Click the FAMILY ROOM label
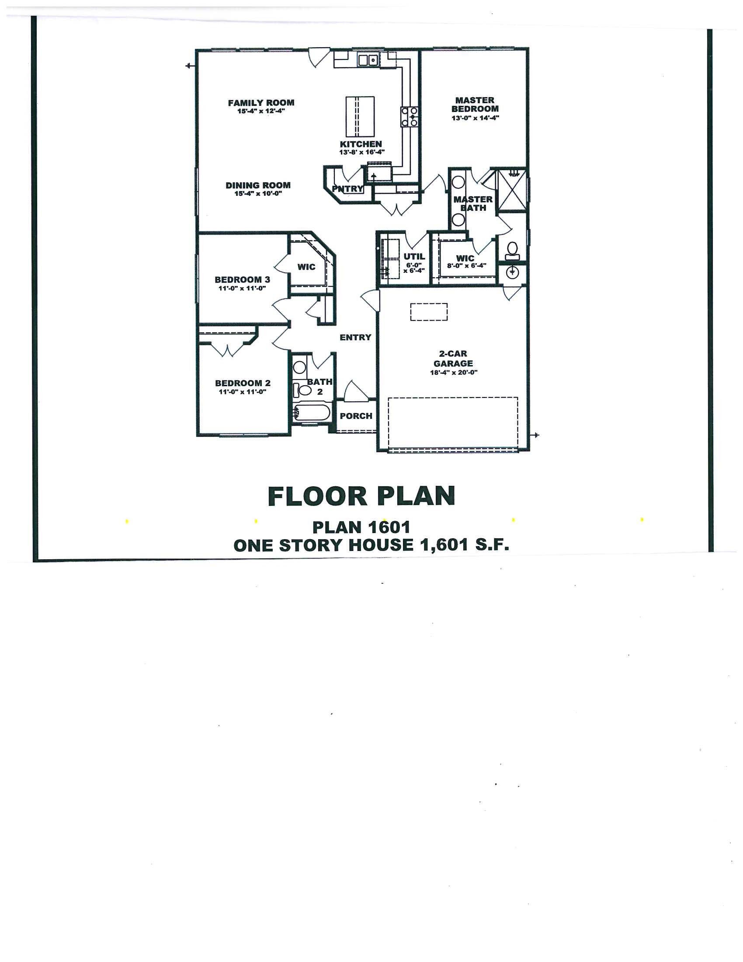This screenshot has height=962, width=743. [261, 103]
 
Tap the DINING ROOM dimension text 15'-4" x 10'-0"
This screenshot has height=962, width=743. [258, 193]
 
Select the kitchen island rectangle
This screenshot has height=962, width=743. [360, 117]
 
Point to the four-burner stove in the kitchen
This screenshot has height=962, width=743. [409, 117]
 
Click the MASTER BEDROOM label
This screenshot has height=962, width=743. [475, 105]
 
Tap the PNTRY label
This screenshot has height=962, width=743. [348, 189]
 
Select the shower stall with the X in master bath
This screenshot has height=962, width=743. [511, 191]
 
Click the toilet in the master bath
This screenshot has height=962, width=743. [512, 250]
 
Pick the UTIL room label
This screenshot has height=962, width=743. [414, 256]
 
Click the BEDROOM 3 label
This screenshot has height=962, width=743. [242, 280]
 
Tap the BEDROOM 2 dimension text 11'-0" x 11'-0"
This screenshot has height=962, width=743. [243, 392]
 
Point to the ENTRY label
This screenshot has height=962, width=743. [355, 338]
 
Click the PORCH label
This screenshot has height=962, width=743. [356, 416]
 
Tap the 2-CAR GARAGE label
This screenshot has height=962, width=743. [453, 359]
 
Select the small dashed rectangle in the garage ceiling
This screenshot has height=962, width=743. [429, 312]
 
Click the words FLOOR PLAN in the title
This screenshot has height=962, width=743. [361, 496]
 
